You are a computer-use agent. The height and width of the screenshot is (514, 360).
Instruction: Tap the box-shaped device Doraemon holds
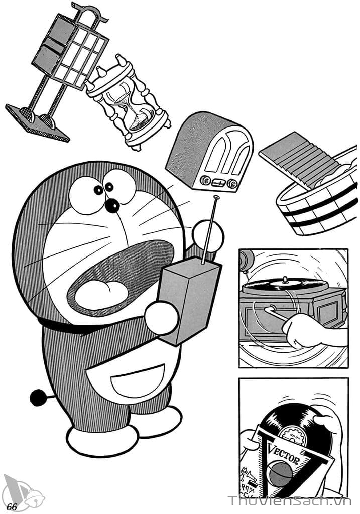pyautogui.click(x=190, y=301)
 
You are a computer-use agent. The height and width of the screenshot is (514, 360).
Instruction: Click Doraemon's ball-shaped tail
pyautogui.click(x=38, y=398)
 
